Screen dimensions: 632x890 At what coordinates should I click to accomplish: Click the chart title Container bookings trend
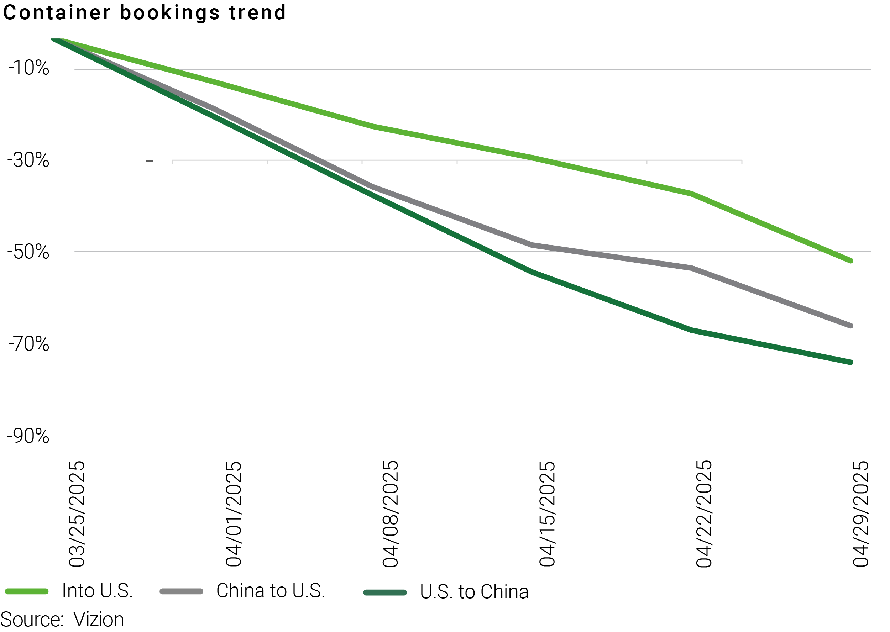coord(145,12)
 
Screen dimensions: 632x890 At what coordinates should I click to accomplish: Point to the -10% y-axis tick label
coord(29,68)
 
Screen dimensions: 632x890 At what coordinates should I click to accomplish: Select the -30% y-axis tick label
coord(28,160)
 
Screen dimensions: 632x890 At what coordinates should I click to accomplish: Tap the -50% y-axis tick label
coord(28,252)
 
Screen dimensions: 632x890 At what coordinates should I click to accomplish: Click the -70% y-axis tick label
coord(29,344)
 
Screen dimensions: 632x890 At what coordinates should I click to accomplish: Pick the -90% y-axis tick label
coord(28,436)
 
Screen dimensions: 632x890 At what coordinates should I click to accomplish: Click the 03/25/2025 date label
coord(77,514)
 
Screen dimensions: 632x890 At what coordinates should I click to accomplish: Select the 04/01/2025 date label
coord(234,514)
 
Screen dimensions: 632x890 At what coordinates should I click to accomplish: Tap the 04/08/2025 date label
coord(390,514)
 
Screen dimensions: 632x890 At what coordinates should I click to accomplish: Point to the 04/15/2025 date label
coord(547,514)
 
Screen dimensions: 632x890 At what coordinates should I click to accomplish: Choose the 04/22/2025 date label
coord(704,514)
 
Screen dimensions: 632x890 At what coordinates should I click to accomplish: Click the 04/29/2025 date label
coord(861,514)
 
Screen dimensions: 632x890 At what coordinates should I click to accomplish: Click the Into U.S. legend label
coord(97,591)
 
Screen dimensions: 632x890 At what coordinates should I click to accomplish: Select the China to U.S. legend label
coord(271,591)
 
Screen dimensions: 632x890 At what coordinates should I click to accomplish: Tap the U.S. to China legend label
coord(474,592)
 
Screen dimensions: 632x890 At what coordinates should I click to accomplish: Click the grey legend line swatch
coord(182,591)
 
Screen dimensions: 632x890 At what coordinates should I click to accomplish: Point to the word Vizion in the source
coord(99,620)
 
